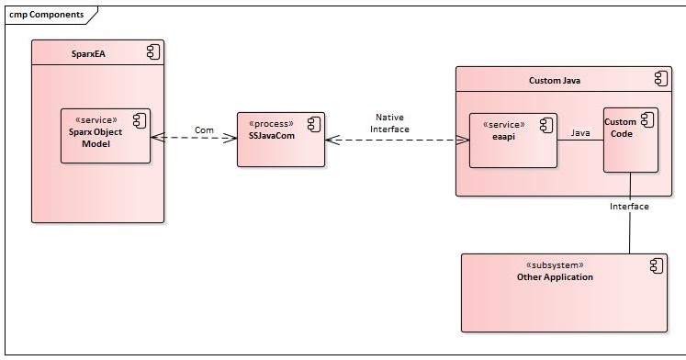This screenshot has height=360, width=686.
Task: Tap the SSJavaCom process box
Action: coord(280,141)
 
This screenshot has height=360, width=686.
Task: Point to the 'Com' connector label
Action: coord(205,129)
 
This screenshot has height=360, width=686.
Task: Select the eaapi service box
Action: coord(512,141)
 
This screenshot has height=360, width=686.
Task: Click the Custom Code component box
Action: coord(630,141)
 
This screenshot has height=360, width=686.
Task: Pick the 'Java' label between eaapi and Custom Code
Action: coord(580,132)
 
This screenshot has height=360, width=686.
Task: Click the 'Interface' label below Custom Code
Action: coord(629,207)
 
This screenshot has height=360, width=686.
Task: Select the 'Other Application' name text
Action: coord(555,276)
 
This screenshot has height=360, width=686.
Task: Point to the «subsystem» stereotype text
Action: coord(555,264)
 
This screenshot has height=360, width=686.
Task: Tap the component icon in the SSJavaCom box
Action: coord(312,124)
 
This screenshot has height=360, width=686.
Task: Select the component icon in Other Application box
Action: coord(655,265)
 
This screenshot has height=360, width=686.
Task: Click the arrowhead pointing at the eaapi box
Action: coord(464,141)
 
